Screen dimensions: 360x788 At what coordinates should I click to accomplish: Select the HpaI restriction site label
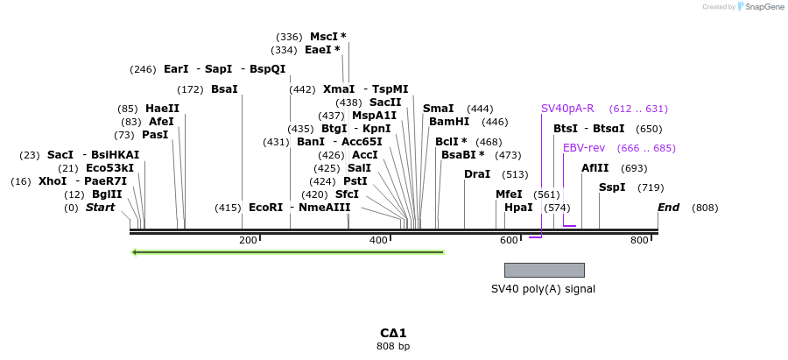click(x=518, y=208)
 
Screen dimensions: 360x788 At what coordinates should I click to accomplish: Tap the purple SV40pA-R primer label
click(x=567, y=109)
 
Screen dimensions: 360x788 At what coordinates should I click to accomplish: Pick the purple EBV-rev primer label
click(x=584, y=148)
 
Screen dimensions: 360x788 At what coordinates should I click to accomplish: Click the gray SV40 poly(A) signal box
click(x=544, y=270)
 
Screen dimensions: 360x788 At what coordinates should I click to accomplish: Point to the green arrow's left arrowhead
click(x=135, y=252)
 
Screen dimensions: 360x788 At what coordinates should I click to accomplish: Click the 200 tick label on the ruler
click(x=248, y=240)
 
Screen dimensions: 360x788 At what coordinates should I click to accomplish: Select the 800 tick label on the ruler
click(x=639, y=240)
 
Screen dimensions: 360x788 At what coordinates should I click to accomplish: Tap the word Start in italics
click(x=100, y=208)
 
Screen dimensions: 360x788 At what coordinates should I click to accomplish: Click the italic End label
click(x=669, y=208)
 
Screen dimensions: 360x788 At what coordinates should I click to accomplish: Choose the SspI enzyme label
click(x=612, y=187)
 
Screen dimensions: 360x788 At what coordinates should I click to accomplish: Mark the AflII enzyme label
click(x=595, y=168)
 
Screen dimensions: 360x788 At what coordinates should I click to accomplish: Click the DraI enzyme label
click(x=477, y=174)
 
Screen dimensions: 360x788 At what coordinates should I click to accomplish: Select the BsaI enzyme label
click(x=224, y=89)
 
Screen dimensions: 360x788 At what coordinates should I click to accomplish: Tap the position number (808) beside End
click(x=705, y=208)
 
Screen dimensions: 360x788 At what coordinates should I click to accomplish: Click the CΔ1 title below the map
click(x=393, y=333)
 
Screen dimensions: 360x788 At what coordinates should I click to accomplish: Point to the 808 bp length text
click(x=393, y=347)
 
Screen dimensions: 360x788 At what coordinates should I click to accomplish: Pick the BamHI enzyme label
click(x=449, y=122)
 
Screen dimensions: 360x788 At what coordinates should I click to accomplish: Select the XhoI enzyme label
click(x=52, y=181)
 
